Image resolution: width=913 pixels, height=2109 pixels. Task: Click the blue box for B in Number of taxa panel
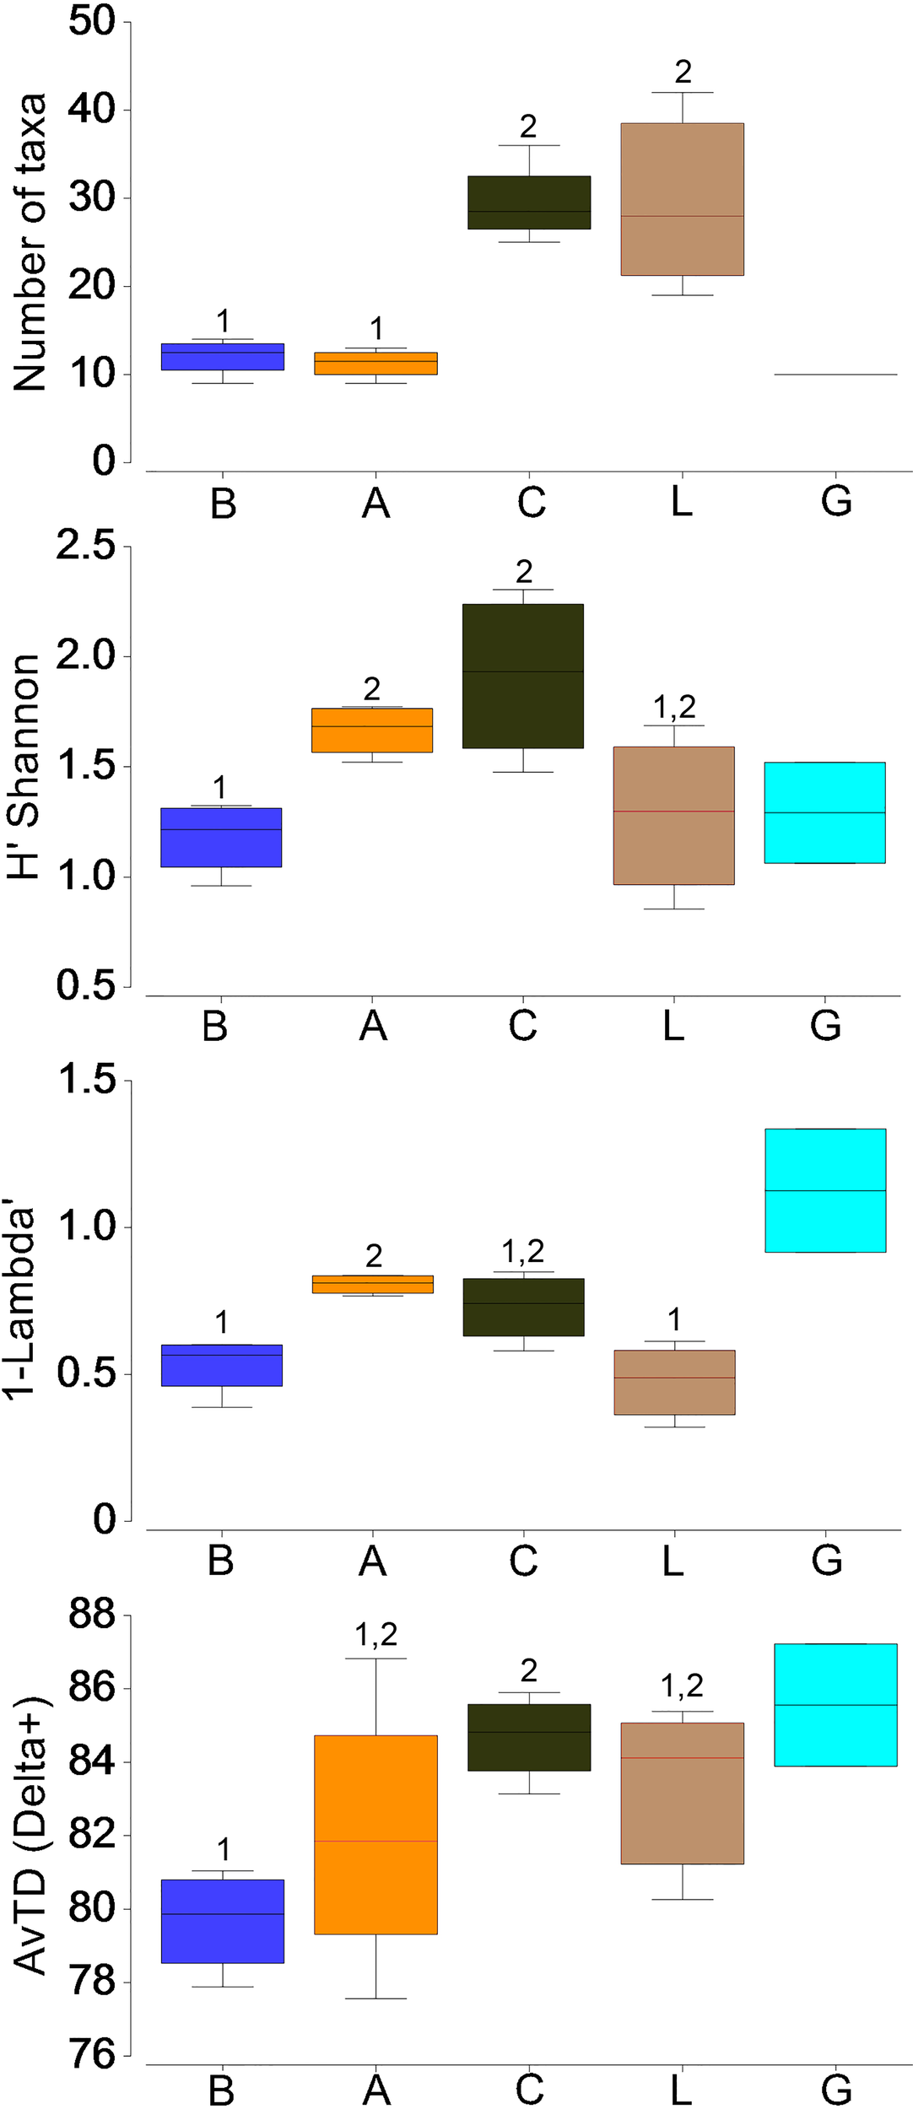pyautogui.click(x=222, y=357)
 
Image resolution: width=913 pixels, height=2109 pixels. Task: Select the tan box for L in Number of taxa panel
pyautogui.click(x=682, y=199)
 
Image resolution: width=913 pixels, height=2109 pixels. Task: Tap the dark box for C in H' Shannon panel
pyautogui.click(x=522, y=676)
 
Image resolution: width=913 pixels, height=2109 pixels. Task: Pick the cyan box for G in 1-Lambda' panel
pyautogui.click(x=824, y=1190)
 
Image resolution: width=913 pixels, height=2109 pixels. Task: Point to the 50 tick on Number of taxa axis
pyautogui.click(x=92, y=22)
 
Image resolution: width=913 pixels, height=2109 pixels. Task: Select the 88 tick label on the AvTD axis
pyautogui.click(x=92, y=1615)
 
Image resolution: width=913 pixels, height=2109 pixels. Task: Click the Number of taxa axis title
pyautogui.click(x=30, y=243)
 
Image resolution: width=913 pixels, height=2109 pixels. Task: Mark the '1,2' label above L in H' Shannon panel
pyautogui.click(x=674, y=707)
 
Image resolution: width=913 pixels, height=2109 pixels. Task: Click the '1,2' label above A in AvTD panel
pyautogui.click(x=375, y=1635)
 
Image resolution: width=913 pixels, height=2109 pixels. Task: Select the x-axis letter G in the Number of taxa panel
pyautogui.click(x=835, y=503)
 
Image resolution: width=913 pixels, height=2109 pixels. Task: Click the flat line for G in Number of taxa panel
pyautogui.click(x=835, y=375)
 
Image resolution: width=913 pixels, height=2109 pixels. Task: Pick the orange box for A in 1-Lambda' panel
pyautogui.click(x=372, y=1284)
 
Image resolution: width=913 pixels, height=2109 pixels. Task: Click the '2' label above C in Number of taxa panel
pyautogui.click(x=528, y=127)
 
